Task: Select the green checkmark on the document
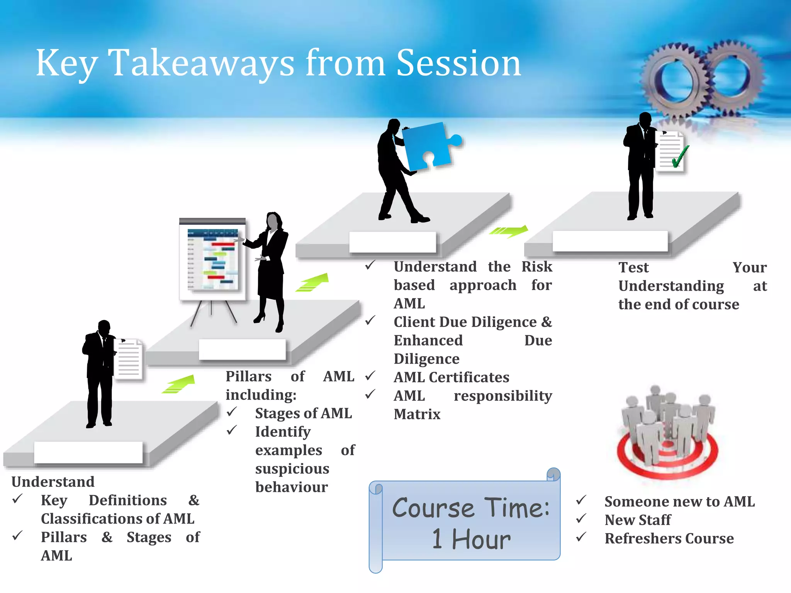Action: [x=680, y=156]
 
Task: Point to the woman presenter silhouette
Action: [x=271, y=270]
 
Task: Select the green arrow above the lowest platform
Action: [x=178, y=384]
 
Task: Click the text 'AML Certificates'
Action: [x=451, y=377]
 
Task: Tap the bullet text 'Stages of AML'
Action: [x=303, y=413]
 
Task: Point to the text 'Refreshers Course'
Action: [x=669, y=538]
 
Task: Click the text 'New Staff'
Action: [x=638, y=520]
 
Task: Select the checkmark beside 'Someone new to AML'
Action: [x=581, y=500]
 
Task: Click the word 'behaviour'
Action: [x=292, y=487]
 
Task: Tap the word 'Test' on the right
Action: [x=633, y=267]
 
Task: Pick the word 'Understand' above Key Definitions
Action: [x=53, y=481]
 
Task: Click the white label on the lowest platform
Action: [x=88, y=452]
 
